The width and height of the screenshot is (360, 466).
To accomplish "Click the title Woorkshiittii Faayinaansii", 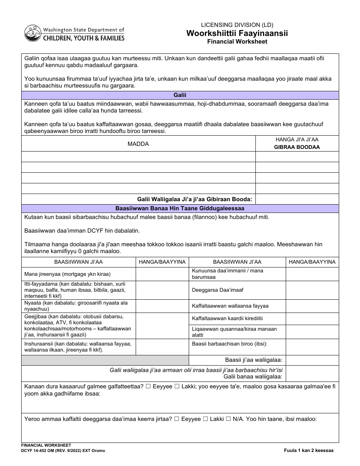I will [237, 33].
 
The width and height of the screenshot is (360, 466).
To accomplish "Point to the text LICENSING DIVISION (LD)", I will [237, 25].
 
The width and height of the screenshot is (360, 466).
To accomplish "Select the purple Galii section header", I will [180, 95].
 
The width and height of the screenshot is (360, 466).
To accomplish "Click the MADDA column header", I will [138, 144].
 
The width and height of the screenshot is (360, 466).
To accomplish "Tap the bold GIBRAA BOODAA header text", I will [297, 147].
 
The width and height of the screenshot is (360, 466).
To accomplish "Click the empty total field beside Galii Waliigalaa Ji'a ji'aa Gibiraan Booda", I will [297, 199].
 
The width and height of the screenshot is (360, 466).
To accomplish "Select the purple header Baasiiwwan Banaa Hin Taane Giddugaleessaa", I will [180, 208].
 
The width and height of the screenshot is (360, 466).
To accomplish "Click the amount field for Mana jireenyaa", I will [162, 274].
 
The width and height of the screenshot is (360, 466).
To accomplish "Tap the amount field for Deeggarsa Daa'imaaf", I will [312, 290].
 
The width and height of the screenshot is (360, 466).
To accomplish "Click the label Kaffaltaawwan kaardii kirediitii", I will [227, 318].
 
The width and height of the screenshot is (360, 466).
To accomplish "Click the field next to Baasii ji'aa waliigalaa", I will [312, 360].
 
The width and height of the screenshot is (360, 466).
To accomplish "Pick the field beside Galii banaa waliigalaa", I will [312, 373].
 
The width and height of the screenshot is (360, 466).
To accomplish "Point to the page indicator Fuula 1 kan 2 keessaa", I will [309, 450].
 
